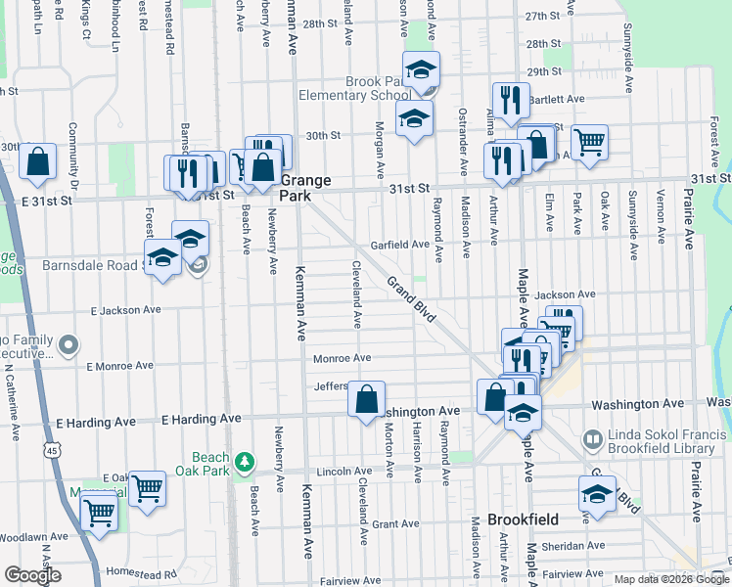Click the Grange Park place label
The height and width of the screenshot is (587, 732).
[x=306, y=188]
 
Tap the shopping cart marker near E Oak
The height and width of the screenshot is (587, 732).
[x=147, y=485]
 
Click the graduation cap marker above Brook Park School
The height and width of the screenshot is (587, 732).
[x=422, y=68]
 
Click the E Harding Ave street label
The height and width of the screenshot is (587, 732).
[x=201, y=419]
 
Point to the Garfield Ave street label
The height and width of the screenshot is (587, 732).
[x=398, y=245]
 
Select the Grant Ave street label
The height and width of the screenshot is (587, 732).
[x=395, y=524]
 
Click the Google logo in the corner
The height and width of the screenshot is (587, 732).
[x=33, y=575]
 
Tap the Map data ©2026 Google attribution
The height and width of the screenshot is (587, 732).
[x=670, y=579]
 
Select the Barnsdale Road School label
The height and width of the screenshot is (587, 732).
[x=94, y=265]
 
